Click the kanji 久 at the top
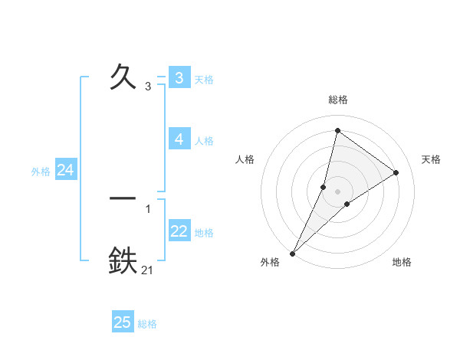[x=123, y=77]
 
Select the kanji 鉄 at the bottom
[x=123, y=260]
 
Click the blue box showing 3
[x=179, y=78]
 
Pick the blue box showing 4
[x=179, y=139]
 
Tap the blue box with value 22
[x=179, y=231]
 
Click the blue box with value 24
[x=66, y=171]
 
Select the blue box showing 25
[x=123, y=322]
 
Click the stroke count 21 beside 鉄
[x=147, y=270]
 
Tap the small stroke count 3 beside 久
[x=148, y=87]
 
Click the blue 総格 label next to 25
[x=147, y=324]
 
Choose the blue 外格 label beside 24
[x=41, y=172]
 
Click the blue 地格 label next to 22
[x=204, y=233]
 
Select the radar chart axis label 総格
[x=337, y=100]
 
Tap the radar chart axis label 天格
[x=431, y=159]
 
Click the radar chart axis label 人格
[x=245, y=159]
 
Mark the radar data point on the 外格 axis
[x=292, y=253]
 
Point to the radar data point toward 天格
[x=396, y=172]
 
